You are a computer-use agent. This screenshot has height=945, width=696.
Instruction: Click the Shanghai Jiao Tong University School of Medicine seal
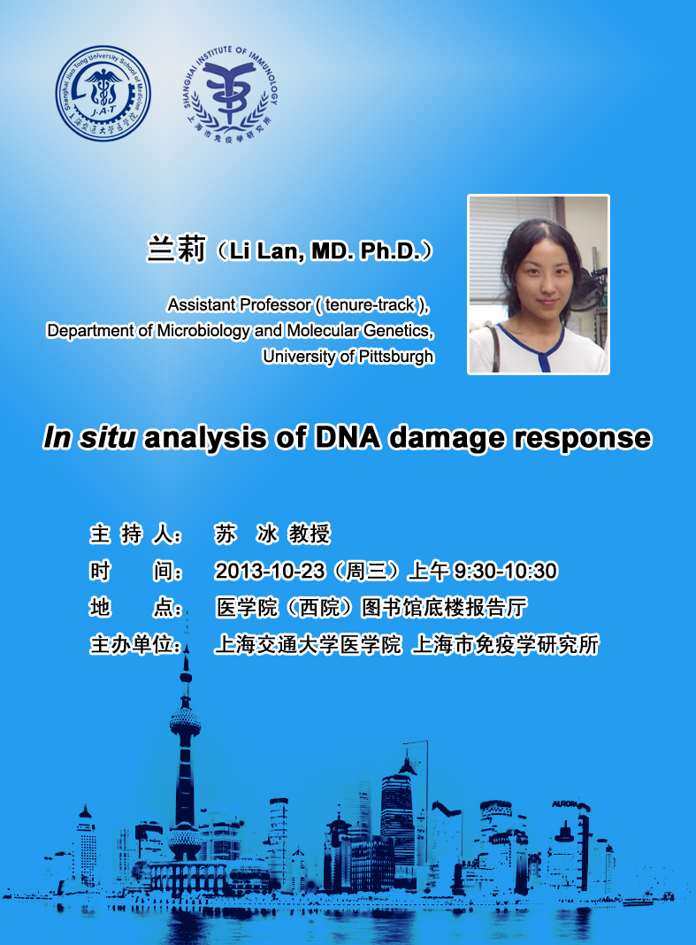click(x=103, y=94)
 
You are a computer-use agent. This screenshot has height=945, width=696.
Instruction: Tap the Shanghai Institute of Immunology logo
click(x=230, y=94)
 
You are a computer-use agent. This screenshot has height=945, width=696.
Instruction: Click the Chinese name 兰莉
click(x=177, y=249)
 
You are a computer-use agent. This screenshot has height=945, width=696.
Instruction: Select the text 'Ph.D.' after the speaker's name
click(x=389, y=250)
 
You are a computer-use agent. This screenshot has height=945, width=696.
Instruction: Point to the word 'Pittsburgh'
click(x=394, y=357)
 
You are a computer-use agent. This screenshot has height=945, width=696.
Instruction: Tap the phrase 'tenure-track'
click(x=370, y=305)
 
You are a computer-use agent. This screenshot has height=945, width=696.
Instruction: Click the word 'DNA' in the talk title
click(x=347, y=437)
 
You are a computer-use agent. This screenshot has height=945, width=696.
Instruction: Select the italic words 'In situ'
click(x=89, y=437)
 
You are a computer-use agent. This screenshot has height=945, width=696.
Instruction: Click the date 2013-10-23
click(x=270, y=571)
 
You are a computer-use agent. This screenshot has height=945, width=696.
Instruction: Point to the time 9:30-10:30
click(x=505, y=571)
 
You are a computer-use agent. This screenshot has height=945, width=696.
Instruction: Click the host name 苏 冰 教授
click(x=272, y=534)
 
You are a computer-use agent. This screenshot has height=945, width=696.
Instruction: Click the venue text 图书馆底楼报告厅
click(x=443, y=608)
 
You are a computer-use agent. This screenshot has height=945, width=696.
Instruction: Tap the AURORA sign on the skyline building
click(x=564, y=804)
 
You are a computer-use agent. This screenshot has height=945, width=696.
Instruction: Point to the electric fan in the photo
click(x=587, y=288)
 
